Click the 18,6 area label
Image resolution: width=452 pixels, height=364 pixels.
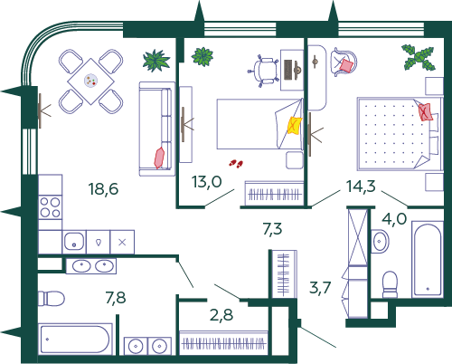click(103, 189)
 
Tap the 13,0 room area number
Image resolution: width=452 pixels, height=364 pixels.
click(207, 182)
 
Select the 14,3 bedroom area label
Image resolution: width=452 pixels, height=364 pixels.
click(361, 186)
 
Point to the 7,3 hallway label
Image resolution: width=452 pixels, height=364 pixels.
click(272, 229)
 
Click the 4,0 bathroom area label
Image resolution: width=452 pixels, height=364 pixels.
click(394, 218)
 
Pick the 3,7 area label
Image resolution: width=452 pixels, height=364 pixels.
click(320, 287)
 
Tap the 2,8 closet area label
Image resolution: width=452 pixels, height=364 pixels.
click(221, 315)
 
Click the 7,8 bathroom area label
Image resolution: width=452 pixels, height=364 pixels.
click(116, 298)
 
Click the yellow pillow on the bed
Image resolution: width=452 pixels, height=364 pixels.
click(295, 125)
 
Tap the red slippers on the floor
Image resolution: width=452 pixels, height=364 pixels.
click(236, 164)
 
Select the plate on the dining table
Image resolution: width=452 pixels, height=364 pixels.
click(90, 81)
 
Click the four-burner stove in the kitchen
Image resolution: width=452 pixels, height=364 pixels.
click(51, 207)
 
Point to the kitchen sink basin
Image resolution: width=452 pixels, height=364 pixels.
click(74, 241)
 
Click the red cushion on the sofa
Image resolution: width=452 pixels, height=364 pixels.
click(159, 158)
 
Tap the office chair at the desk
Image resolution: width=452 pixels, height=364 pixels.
click(263, 72)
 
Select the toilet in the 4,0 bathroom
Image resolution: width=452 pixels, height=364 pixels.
click(390, 284)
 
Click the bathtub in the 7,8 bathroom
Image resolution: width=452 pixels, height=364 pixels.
click(75, 339)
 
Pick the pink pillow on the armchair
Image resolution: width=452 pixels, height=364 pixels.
click(346, 65)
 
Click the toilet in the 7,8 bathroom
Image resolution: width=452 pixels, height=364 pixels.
click(52, 299)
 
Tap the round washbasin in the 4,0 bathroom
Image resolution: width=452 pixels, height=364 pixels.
click(380, 241)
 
